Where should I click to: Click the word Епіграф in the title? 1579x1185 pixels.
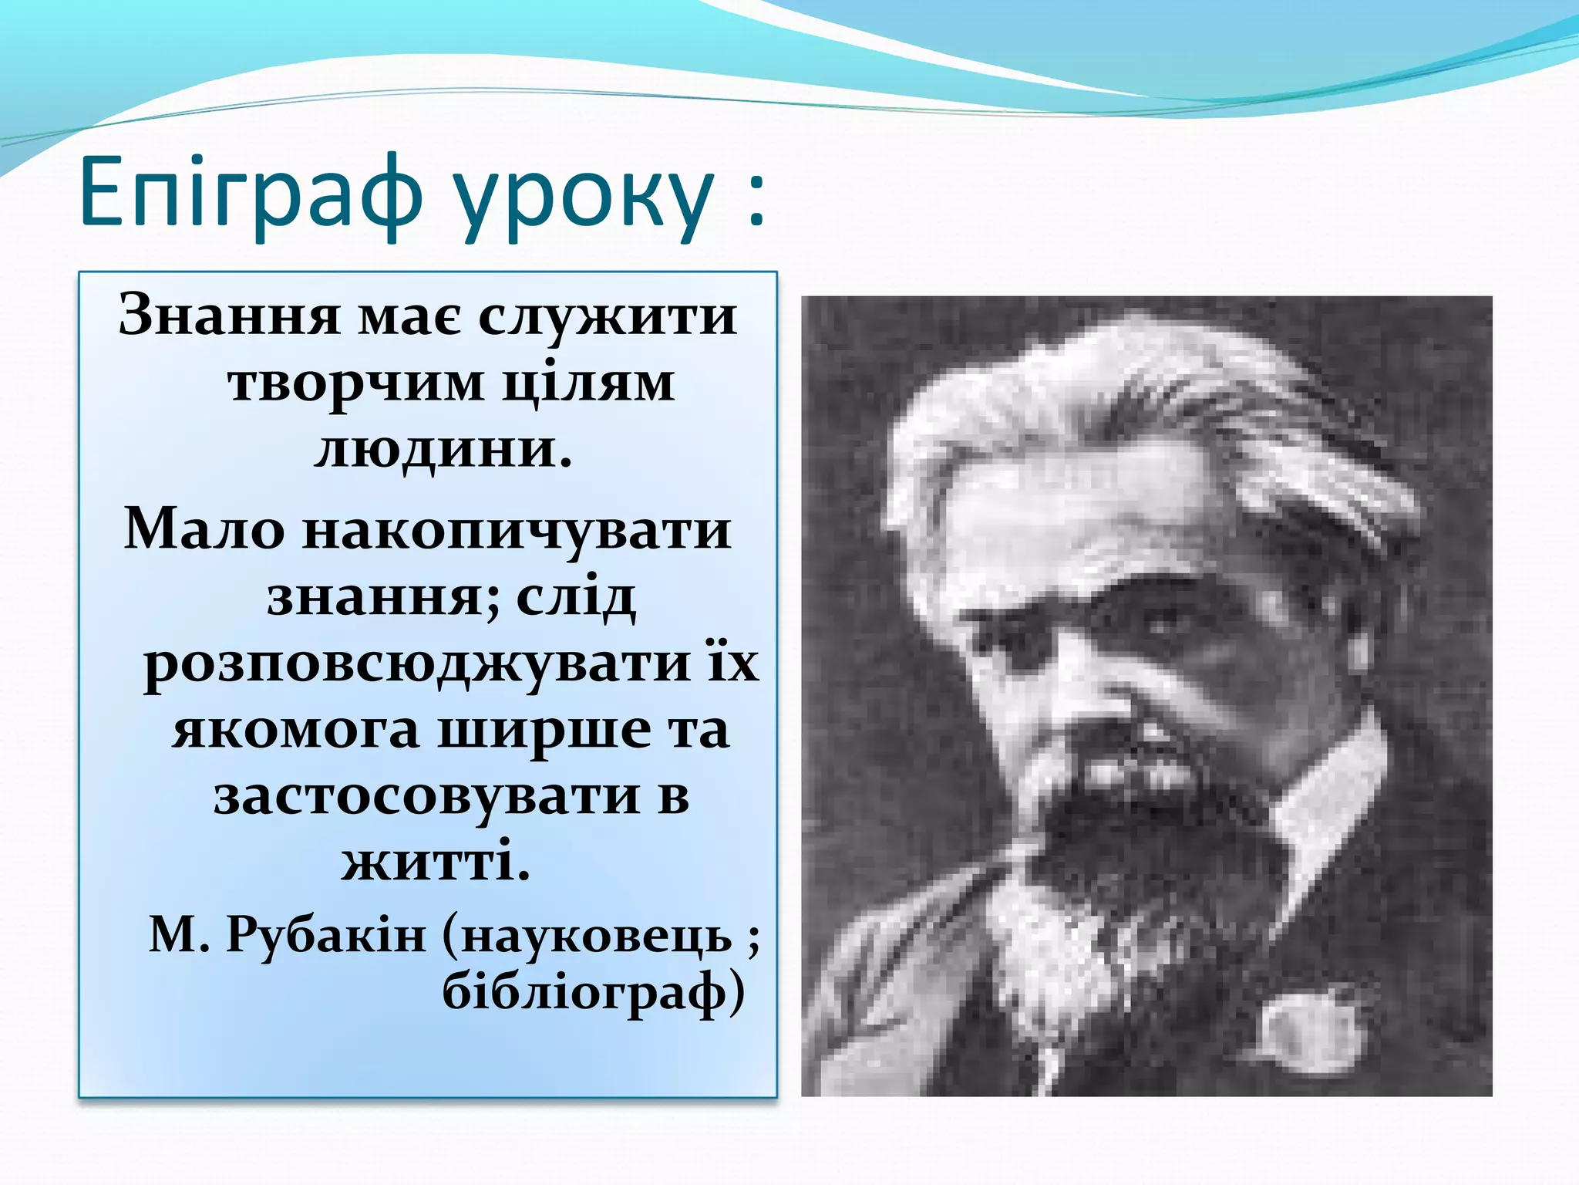(251, 193)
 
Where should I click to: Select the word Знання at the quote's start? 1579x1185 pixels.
(229, 316)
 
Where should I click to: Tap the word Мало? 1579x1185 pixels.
(204, 531)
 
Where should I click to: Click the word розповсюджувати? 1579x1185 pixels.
(416, 663)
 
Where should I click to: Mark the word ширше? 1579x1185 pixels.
(544, 730)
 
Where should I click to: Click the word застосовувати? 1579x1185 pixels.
(426, 796)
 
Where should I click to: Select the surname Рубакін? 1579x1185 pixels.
(325, 937)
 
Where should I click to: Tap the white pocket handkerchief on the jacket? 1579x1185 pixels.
(1311, 1034)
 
